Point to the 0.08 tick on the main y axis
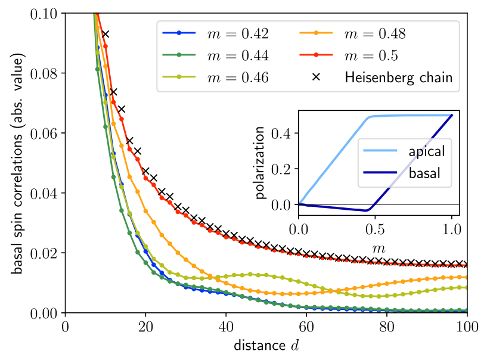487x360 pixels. point(45,73)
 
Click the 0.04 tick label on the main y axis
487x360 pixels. point(45,193)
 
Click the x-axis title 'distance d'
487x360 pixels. point(266,346)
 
